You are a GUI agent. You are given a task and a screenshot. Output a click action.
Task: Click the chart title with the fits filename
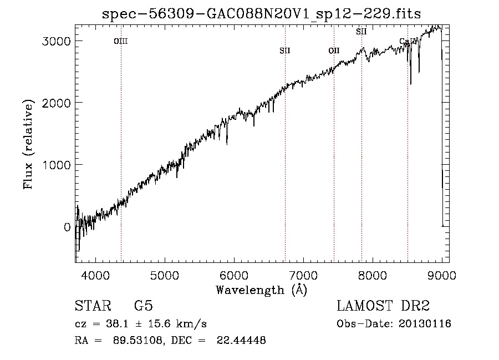[x=262, y=14]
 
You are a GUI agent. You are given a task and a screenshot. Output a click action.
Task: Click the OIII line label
[x=121, y=41]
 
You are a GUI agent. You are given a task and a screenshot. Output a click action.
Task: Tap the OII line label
[x=334, y=51]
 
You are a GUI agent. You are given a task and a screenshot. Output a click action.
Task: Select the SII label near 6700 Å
[x=285, y=51]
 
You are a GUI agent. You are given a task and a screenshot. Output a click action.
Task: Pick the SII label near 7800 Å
[x=361, y=32]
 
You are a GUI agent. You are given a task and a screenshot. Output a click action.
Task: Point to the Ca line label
[x=405, y=42]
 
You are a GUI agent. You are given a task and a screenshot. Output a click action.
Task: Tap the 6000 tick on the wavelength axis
[x=234, y=276]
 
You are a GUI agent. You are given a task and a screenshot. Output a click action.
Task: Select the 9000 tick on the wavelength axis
[x=441, y=276]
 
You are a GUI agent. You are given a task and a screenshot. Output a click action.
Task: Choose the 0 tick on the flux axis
[x=68, y=227]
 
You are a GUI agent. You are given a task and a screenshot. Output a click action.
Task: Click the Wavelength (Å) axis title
[x=261, y=290]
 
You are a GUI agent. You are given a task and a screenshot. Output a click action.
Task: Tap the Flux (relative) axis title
[x=28, y=144]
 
